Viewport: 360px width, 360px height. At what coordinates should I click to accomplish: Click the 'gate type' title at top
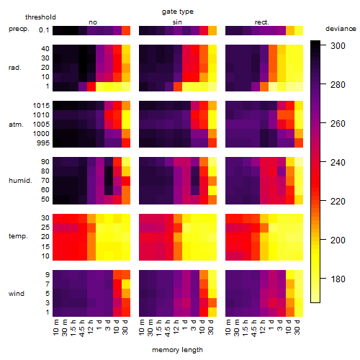tap(178, 12)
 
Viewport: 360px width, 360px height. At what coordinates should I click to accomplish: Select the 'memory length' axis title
tap(177, 350)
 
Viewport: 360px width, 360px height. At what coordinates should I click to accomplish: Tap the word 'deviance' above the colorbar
tap(341, 29)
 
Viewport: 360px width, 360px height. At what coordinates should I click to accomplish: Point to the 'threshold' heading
tap(40, 17)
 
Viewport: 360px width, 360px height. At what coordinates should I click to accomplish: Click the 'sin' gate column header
tap(177, 22)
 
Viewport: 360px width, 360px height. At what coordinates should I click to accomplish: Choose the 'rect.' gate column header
tap(261, 22)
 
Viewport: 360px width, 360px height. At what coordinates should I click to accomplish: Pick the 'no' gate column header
tap(93, 22)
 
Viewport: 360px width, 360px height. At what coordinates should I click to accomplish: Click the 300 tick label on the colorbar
tap(338, 45)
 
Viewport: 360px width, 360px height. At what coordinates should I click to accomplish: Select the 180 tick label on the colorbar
tap(338, 279)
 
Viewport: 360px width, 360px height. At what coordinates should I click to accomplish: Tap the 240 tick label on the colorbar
tap(338, 162)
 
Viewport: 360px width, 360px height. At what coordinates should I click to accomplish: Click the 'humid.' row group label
tap(20, 181)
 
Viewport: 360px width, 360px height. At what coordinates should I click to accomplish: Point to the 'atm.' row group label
tap(16, 125)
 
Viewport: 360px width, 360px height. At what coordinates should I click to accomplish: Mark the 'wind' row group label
tap(17, 294)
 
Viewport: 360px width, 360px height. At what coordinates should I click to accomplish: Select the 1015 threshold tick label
tap(41, 106)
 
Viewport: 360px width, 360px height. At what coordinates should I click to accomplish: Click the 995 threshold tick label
tap(43, 143)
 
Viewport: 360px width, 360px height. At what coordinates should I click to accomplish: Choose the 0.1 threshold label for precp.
tap(44, 30)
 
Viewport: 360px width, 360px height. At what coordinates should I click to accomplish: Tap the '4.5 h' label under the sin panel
tap(168, 328)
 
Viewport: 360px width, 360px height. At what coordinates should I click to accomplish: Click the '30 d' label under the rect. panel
tap(297, 327)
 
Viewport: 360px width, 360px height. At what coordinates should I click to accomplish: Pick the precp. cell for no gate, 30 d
tap(126, 30)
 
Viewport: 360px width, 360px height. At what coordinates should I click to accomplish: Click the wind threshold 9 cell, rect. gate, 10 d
tap(290, 275)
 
